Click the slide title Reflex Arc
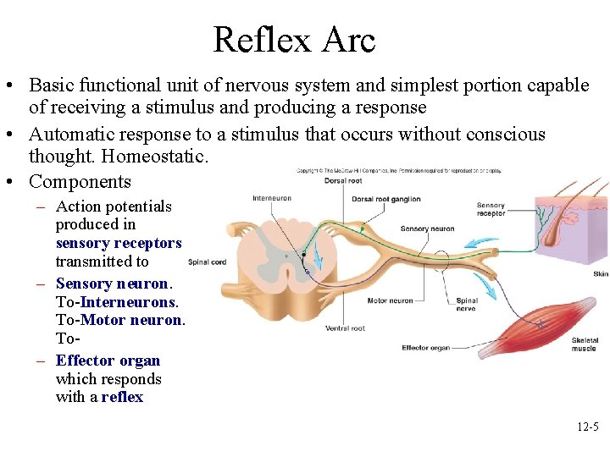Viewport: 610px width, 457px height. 294,40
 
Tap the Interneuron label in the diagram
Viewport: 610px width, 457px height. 271,199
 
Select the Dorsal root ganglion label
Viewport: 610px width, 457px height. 385,199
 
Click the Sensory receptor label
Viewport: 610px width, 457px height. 491,210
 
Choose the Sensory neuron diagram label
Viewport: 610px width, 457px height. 427,228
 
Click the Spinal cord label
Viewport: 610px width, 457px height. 207,262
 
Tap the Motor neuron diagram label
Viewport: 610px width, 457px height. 390,300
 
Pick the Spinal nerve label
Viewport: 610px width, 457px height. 467,305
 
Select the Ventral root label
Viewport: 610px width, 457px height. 345,328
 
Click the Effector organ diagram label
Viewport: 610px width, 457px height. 426,348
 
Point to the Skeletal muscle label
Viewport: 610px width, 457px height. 584,344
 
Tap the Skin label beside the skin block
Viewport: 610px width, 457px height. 600,273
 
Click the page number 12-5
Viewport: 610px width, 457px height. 587,427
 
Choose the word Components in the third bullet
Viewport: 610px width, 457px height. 80,181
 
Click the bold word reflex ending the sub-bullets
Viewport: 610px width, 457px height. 122,397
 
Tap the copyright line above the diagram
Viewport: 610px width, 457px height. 398,171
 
